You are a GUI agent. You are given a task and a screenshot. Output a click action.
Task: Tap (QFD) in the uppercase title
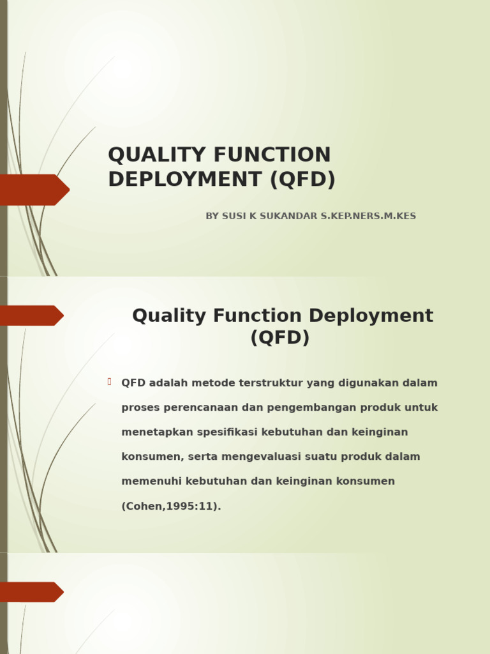click(x=302, y=180)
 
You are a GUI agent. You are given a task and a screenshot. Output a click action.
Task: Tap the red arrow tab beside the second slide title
click(x=31, y=316)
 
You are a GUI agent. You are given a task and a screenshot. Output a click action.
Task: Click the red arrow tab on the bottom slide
click(x=31, y=592)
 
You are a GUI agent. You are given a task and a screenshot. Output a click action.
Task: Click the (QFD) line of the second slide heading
click(x=280, y=338)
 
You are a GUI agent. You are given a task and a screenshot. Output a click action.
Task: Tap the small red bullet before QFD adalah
click(x=110, y=382)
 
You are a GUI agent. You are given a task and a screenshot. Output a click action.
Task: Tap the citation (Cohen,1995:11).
click(x=171, y=506)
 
